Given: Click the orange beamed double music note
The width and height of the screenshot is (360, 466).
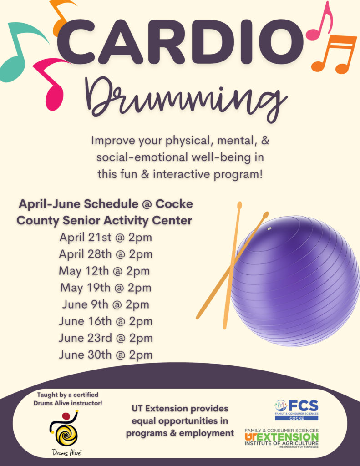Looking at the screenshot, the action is pos(335,54).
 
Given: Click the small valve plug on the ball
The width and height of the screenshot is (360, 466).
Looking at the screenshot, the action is pos(269,228).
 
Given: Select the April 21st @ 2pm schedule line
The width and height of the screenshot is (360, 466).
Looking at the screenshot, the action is pos(106,238).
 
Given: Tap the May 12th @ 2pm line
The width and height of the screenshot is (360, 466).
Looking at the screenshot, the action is pos(104,271).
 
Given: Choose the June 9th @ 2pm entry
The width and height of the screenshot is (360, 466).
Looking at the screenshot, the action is pos(106,304).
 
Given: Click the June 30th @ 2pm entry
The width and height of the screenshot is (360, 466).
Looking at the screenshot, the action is pos(106,355).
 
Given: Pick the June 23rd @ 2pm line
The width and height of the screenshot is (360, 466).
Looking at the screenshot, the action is pos(106,338).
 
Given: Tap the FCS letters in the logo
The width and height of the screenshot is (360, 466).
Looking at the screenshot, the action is pos(303,405).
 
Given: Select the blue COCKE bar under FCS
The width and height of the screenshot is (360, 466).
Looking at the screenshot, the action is pos(297,418).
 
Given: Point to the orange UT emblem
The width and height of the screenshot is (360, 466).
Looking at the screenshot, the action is pos(250,437).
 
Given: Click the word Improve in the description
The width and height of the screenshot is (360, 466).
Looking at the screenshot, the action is pos(113,141).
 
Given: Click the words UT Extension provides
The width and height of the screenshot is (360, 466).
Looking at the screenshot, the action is pos(180,409).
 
